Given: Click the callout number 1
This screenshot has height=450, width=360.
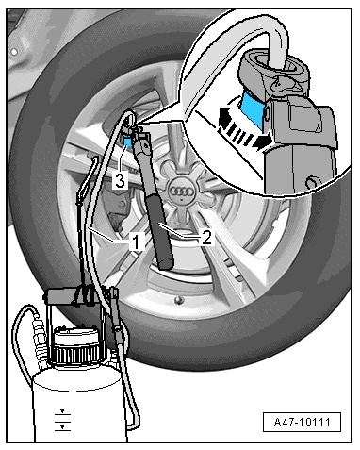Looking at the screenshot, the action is point(136,242).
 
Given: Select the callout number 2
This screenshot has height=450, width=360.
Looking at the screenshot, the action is point(206,237).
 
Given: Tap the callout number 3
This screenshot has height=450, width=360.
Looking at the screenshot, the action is point(120,181).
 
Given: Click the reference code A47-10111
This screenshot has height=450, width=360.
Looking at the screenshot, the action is point(302,422).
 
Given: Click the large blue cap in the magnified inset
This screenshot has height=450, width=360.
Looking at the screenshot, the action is point(253,108).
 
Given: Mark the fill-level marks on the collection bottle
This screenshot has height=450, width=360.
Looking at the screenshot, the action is point(62,420).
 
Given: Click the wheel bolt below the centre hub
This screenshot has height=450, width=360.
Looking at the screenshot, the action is point(179,300).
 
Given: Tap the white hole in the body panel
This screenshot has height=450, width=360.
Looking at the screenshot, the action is point(14,52).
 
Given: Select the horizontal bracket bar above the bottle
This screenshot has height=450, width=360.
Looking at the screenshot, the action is point(74,295).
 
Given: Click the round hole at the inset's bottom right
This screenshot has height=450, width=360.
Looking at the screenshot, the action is point(312,182).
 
